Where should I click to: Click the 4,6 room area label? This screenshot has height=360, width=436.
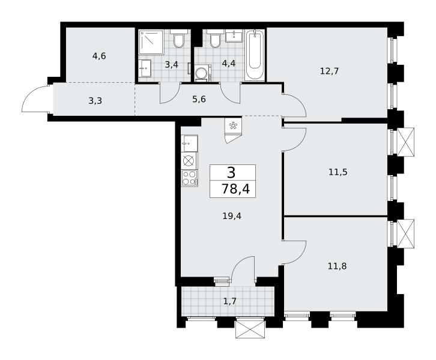click(x=99, y=56)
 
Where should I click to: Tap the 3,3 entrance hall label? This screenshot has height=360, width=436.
click(x=95, y=101)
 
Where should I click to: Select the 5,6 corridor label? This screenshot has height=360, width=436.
click(x=199, y=99)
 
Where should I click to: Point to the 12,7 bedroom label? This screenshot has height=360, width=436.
click(x=329, y=71)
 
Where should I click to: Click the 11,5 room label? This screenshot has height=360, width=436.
click(x=338, y=172)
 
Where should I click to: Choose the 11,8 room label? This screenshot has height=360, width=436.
click(x=337, y=266)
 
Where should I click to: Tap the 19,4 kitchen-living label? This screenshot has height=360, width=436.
click(x=232, y=215)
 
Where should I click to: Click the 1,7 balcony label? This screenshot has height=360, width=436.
click(x=230, y=301)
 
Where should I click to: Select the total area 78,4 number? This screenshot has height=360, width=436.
click(x=235, y=189)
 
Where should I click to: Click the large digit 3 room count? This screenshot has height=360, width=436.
click(x=231, y=173)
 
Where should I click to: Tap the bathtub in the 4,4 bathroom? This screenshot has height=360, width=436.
click(x=255, y=55)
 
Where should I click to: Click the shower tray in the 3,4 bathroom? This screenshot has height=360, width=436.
click(x=151, y=42)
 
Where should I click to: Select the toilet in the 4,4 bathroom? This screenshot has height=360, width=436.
click(x=215, y=38)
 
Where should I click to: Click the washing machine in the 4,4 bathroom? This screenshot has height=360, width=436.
click(x=203, y=73)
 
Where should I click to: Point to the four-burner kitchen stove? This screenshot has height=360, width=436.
click(x=189, y=178)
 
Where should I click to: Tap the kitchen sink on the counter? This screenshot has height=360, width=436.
click(x=189, y=143)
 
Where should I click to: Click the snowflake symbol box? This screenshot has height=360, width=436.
click(x=232, y=126)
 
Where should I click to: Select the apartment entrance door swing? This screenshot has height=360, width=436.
click(x=36, y=98)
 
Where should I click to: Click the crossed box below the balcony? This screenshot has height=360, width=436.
click(x=250, y=329)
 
